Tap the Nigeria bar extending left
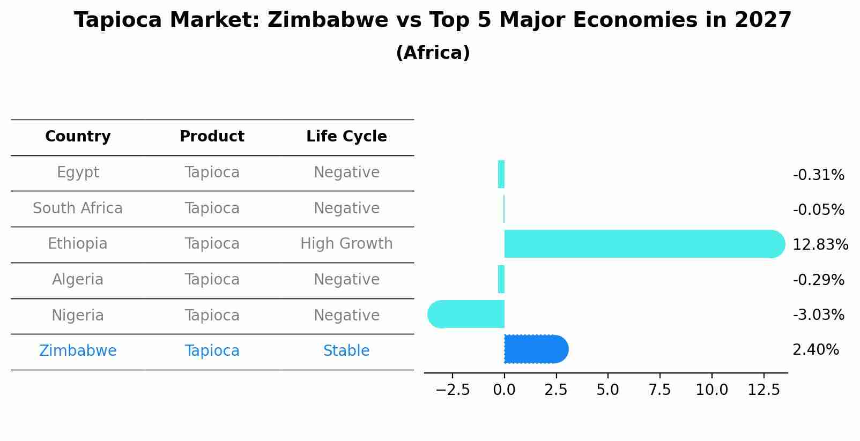(x=466, y=314)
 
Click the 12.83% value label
(x=820, y=245)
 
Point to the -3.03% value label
(x=818, y=315)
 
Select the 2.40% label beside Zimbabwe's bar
(x=815, y=350)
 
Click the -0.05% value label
(x=818, y=210)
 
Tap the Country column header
(x=78, y=137)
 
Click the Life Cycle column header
(x=346, y=137)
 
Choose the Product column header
(x=212, y=137)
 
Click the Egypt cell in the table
(x=78, y=173)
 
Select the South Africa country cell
(x=78, y=208)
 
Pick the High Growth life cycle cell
(x=346, y=244)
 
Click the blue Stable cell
(x=346, y=351)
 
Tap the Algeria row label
(x=78, y=280)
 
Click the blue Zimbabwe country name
(x=78, y=351)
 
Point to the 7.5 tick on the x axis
(x=659, y=390)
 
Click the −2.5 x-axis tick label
(x=453, y=390)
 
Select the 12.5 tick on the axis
(x=763, y=390)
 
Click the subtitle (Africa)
(x=433, y=53)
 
